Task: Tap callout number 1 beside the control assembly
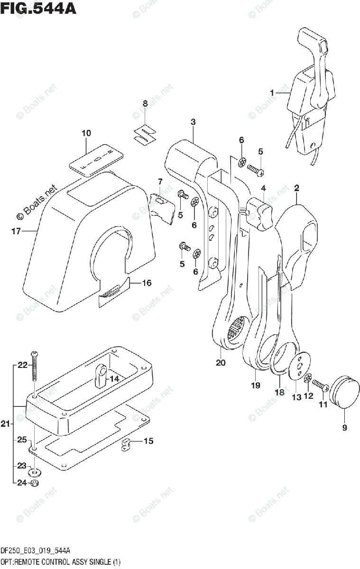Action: (x=272, y=93)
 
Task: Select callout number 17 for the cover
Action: (x=16, y=231)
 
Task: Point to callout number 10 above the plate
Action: (x=86, y=133)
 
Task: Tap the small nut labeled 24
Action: (x=35, y=483)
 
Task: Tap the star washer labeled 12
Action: (x=308, y=378)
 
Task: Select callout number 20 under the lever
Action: (x=221, y=362)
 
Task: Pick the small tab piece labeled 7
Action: (x=163, y=208)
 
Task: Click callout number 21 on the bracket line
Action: (x=5, y=424)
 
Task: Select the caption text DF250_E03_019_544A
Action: (x=36, y=551)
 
